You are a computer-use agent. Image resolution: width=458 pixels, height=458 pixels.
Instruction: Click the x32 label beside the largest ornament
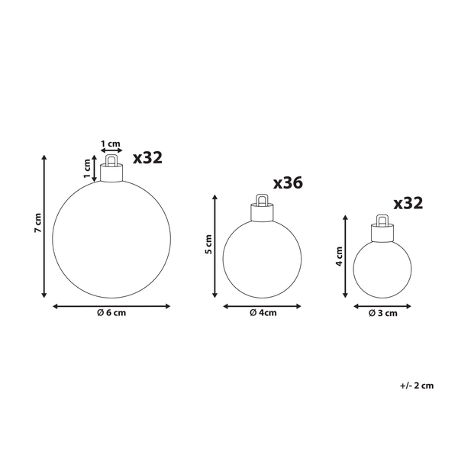pyautogui.click(x=147, y=158)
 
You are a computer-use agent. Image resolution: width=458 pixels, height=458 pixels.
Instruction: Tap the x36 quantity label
pyautogui.click(x=288, y=183)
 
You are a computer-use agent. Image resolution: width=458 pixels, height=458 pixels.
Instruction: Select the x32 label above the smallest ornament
pyautogui.click(x=408, y=203)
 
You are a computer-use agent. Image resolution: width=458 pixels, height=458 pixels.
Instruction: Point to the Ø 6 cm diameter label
pyautogui.click(x=111, y=317)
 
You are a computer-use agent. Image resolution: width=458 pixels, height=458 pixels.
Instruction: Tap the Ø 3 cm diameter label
pyautogui.click(x=382, y=313)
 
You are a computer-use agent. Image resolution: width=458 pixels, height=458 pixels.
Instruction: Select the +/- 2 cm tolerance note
pyautogui.click(x=416, y=385)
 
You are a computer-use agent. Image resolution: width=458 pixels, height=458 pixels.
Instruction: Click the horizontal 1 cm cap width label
pyautogui.click(x=111, y=144)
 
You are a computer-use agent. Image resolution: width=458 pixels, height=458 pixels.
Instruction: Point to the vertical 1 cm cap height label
pyautogui.click(x=87, y=164)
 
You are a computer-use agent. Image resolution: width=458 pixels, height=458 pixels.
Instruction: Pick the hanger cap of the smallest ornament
pyautogui.click(x=382, y=227)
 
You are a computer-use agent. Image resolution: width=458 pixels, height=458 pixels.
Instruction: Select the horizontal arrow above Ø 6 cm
pyautogui.click(x=111, y=306)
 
